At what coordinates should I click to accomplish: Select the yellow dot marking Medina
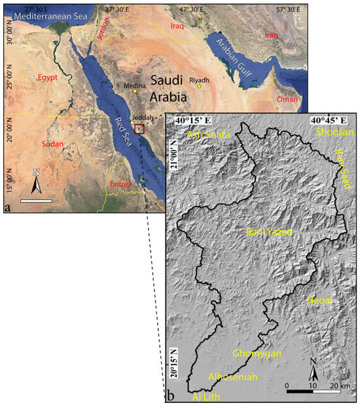click(135, 92)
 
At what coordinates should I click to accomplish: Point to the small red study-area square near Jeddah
click(139, 128)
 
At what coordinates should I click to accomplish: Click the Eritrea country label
click(121, 184)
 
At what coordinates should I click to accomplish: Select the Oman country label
click(287, 100)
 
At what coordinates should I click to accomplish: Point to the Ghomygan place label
click(257, 353)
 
